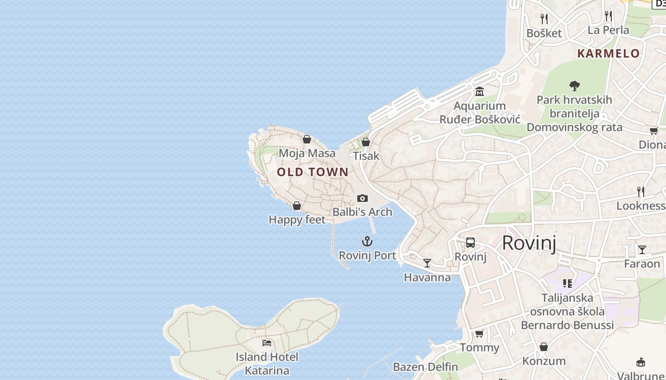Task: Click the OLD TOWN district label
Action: coord(313,172)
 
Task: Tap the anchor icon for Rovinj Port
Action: coord(367,241)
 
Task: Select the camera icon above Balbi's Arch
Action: coord(362,198)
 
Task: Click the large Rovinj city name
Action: coord(529,243)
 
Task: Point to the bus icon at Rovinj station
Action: coord(470,243)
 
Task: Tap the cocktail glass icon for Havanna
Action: coord(427,263)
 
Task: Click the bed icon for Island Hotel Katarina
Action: coord(267,342)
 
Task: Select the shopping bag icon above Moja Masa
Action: coord(307,139)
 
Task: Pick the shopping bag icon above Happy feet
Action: coord(297,206)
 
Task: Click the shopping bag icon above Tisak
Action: coord(366,142)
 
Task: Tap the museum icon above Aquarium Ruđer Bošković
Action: coord(480,91)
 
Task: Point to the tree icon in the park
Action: coord(575,86)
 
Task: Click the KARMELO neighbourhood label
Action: coord(608,53)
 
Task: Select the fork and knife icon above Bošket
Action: coord(544,19)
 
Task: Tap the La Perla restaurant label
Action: coord(608,30)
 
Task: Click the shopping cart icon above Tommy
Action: coord(480,333)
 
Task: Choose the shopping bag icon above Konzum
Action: coord(544,347)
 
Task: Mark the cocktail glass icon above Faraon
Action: coord(642,249)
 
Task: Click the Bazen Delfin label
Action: coord(425,367)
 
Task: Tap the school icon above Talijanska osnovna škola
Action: coord(568,284)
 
